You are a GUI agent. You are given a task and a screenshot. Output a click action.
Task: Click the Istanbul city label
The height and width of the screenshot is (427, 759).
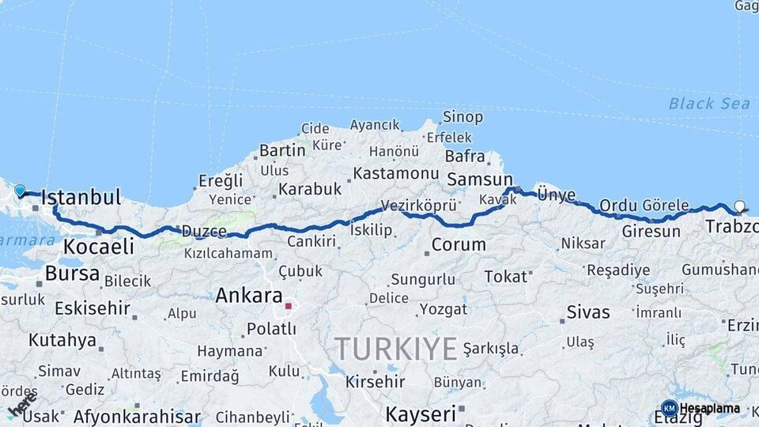click(x=81, y=198)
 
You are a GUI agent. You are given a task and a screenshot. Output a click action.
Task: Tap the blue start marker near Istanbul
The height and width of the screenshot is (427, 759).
click(x=20, y=191)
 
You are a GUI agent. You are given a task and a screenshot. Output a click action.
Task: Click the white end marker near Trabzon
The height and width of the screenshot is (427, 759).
click(x=739, y=206)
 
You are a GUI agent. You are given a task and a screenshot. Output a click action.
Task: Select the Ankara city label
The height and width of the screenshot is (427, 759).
click(x=249, y=297)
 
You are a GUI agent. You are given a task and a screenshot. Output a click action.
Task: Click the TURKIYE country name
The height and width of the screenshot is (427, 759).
click(x=395, y=349)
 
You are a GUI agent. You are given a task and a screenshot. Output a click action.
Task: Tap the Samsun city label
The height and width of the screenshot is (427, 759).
click(x=479, y=180)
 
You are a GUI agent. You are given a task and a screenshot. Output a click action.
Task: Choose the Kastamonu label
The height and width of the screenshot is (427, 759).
click(x=395, y=173)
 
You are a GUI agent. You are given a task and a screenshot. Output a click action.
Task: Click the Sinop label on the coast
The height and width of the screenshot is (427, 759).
click(x=463, y=117)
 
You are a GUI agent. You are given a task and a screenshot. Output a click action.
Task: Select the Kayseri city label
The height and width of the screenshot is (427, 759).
click(x=421, y=414)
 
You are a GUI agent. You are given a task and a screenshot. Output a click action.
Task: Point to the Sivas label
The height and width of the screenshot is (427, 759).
click(x=588, y=312)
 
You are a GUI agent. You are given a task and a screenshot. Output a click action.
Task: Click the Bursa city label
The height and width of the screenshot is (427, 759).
click(x=73, y=274)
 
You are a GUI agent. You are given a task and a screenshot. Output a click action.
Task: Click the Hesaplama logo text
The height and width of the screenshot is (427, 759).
click(x=710, y=409)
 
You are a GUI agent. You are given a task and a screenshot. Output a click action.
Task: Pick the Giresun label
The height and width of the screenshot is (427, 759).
click(x=651, y=232)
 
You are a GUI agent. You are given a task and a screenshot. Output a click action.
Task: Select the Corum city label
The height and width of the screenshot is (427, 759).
click(x=459, y=245)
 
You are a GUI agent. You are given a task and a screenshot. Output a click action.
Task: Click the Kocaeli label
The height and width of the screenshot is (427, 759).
click(x=99, y=247)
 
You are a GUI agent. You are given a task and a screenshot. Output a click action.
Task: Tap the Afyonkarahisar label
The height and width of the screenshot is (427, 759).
click(x=137, y=417)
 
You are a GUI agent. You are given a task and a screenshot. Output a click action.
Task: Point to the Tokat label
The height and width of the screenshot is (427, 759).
click(x=505, y=277)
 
